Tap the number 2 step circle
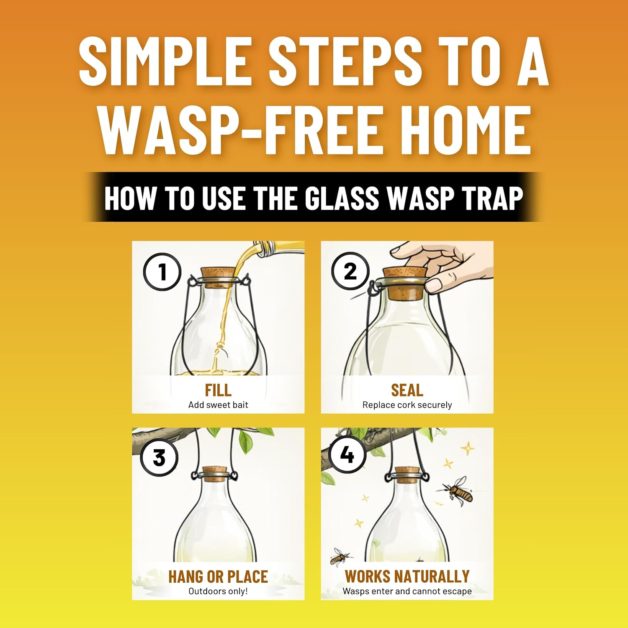(x=350, y=271)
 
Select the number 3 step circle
(x=159, y=457)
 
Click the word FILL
(x=218, y=390)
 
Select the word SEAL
(x=407, y=390)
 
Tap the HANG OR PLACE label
(x=218, y=577)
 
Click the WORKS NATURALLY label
(x=407, y=577)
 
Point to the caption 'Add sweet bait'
(x=218, y=405)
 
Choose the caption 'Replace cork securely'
(x=407, y=405)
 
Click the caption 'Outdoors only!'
(x=218, y=591)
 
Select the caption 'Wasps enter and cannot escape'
(x=407, y=591)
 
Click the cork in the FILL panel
(x=218, y=277)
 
